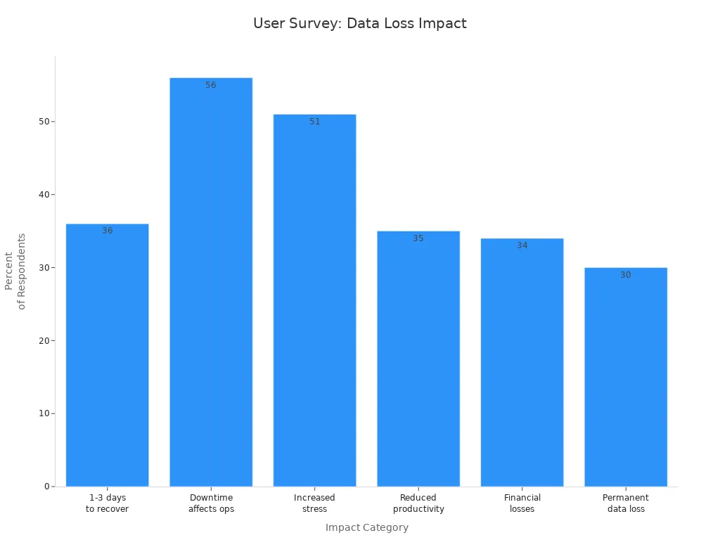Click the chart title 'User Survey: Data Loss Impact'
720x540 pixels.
tap(359, 23)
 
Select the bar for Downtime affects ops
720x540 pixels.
tap(211, 281)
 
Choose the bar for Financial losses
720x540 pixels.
tap(522, 362)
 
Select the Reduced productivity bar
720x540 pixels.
tap(418, 359)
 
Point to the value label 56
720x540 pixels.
tap(211, 85)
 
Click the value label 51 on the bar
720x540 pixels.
tap(314, 122)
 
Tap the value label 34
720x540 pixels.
tap(522, 245)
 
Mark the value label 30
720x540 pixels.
tap(626, 275)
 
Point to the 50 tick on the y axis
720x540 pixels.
tap(44, 122)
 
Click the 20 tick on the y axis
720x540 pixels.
tap(44, 341)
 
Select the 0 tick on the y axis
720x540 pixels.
tap(46, 487)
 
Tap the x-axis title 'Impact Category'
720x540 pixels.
tap(366, 527)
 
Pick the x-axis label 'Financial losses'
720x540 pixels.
tap(522, 503)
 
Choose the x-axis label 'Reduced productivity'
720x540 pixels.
tap(418, 503)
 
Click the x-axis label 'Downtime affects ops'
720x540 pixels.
tap(211, 503)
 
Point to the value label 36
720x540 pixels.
tap(108, 231)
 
